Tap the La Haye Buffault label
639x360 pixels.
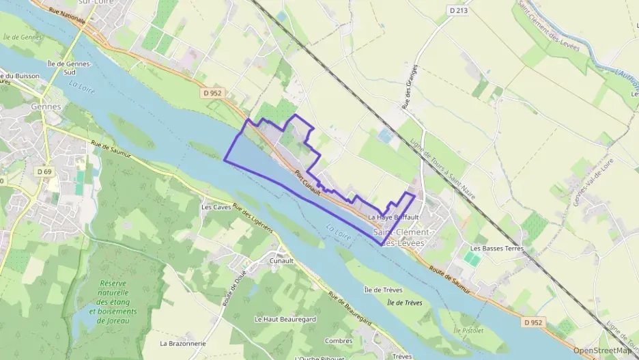pos(393,217)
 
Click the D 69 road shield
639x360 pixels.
pos(45,171)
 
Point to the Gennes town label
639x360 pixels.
pos(46,107)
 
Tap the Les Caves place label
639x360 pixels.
pos(216,206)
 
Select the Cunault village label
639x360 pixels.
pos(281,261)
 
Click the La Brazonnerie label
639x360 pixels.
pos(182,343)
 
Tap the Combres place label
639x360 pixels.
pos(339,340)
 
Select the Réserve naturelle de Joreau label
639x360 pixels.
pos(118,297)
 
